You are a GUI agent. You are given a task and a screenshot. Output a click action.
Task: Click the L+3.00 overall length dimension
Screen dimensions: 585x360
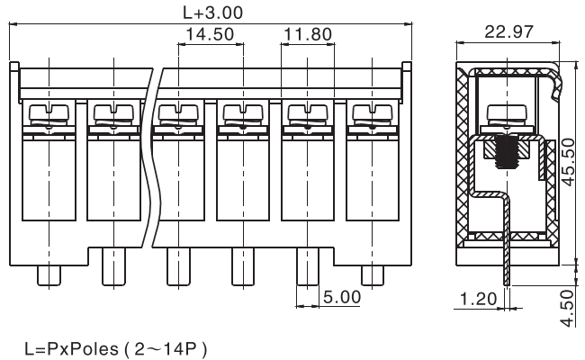click(212, 13)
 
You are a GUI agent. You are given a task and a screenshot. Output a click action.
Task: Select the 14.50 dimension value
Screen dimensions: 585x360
click(210, 34)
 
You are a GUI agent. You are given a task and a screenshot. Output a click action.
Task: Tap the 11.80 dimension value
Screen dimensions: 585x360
click(308, 34)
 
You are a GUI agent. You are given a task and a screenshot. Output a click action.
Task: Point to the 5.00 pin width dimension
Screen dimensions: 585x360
click(342, 297)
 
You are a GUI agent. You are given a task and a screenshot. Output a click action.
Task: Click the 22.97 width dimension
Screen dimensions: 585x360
click(508, 31)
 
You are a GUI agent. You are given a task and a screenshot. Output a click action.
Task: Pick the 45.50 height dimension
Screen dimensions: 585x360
click(568, 162)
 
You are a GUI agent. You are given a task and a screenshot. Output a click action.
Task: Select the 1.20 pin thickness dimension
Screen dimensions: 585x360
click(478, 299)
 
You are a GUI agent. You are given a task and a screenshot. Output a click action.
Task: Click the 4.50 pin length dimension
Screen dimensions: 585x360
click(568, 308)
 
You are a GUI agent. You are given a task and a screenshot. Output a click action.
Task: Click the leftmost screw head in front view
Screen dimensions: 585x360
click(49, 113)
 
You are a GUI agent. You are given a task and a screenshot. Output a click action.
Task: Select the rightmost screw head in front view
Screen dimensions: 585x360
click(373, 113)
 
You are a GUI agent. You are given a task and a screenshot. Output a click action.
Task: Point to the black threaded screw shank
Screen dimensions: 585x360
click(507, 152)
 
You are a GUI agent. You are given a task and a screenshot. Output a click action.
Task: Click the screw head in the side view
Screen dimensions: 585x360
click(507, 115)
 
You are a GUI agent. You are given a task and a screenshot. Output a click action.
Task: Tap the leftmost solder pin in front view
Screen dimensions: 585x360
click(49, 276)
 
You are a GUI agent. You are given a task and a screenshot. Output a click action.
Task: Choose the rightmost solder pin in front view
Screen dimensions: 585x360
click(373, 276)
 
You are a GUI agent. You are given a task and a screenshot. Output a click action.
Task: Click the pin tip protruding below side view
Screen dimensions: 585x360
click(507, 276)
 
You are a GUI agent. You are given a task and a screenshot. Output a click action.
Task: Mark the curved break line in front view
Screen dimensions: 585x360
click(152, 157)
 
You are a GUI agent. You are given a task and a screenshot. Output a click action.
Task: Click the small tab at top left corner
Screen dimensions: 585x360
click(14, 67)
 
